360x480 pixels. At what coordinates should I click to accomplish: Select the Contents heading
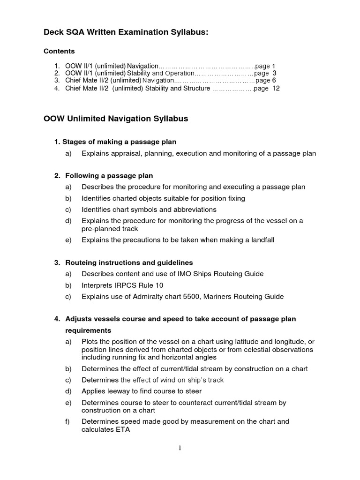click(x=59, y=51)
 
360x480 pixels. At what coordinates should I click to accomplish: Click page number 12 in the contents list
click(x=276, y=88)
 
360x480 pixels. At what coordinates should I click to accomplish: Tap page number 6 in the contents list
click(x=274, y=81)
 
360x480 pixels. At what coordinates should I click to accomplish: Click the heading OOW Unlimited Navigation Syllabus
click(x=116, y=119)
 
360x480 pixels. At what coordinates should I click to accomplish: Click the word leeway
click(x=120, y=391)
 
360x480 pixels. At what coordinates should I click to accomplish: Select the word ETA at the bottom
click(x=121, y=429)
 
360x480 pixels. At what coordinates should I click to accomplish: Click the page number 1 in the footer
click(x=180, y=449)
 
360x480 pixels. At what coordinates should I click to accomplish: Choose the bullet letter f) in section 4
click(x=68, y=421)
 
